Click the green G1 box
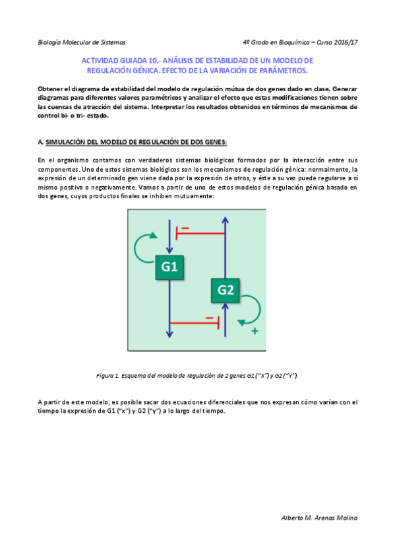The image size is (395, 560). [x=170, y=266]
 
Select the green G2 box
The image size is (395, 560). [x=226, y=289]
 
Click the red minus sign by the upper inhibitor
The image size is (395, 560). [x=185, y=228]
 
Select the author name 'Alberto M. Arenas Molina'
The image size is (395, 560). [x=319, y=518]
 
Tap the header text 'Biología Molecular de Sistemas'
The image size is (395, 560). [x=82, y=42]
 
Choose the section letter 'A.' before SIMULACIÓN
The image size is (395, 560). [x=41, y=141]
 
